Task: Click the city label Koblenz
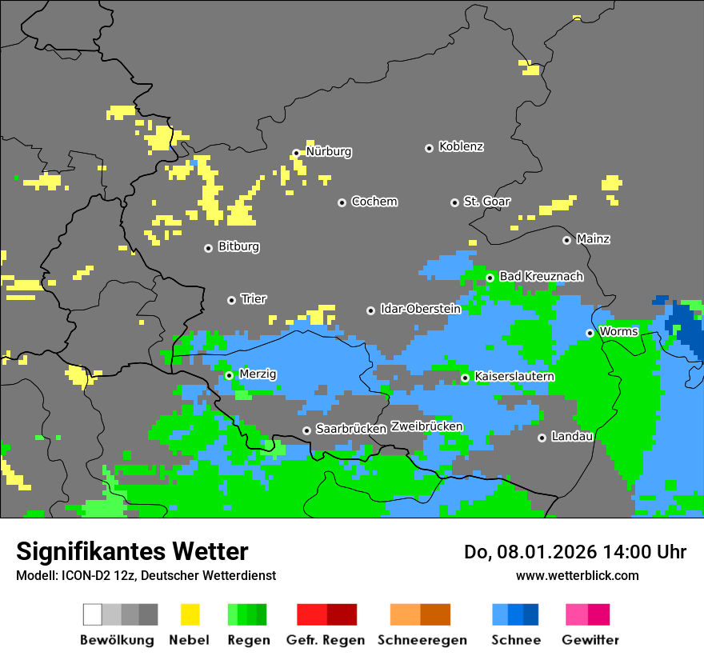tap(461, 147)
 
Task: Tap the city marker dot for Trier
tap(232, 300)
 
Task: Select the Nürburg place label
tap(329, 152)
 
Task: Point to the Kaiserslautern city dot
tap(465, 378)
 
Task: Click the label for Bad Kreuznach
tap(541, 277)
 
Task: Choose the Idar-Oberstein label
tap(421, 310)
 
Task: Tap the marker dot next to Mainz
tap(566, 240)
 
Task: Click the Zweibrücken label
tap(426, 427)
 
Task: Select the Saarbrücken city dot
tap(306, 430)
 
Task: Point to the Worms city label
tap(618, 332)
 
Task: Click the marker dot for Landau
tap(542, 438)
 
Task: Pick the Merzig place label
tap(258, 374)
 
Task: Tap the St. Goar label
tap(486, 202)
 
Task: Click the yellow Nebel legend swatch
tap(190, 614)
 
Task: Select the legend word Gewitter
tap(590, 640)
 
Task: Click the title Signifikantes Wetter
tap(132, 551)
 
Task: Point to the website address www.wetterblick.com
tap(577, 575)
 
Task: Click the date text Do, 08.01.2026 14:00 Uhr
tap(575, 552)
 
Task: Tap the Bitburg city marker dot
tap(208, 248)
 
